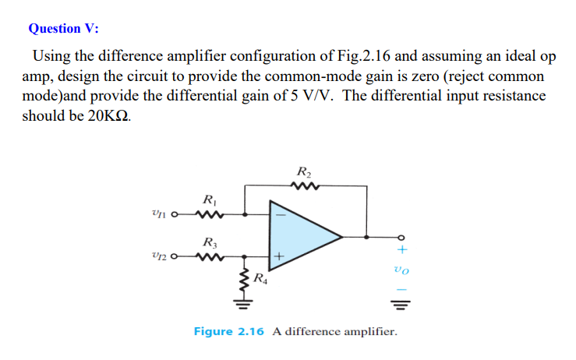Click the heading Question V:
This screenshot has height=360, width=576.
coord(63,29)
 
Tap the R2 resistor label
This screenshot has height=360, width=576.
coord(305,171)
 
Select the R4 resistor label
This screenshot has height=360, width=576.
coord(261,277)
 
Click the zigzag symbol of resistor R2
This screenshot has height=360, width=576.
coord(304,185)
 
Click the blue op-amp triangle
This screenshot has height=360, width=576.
coord(300,234)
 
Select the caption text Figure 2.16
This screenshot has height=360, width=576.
coord(229,332)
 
